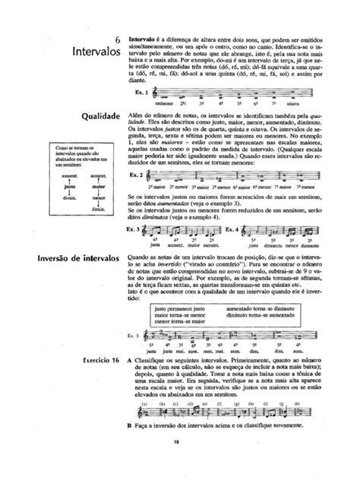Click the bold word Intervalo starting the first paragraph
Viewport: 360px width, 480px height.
pyautogui.click(x=145, y=37)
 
